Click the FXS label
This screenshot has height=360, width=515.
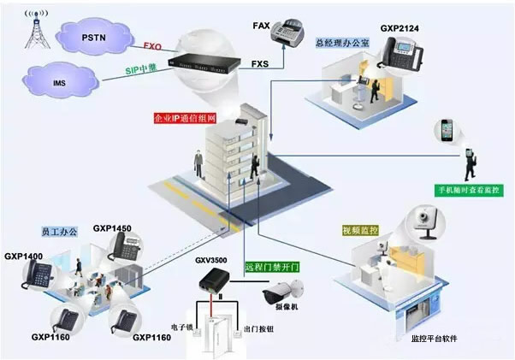261,63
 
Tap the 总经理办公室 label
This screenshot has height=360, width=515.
342,42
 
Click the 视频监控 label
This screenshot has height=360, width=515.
358,229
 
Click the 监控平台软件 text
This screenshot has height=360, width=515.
435,339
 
